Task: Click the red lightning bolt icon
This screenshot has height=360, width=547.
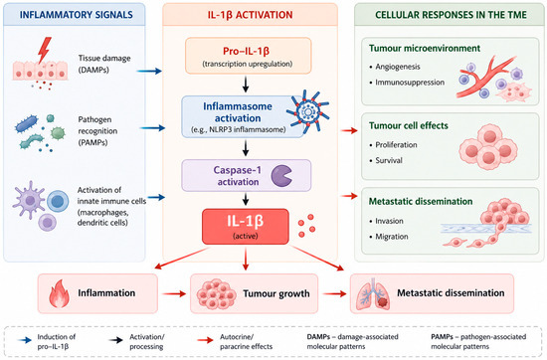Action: point(45,50)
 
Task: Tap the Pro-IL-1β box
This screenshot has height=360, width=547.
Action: point(248,56)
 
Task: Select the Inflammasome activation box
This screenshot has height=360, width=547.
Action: point(243,117)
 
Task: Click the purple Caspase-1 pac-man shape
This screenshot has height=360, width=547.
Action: point(281,175)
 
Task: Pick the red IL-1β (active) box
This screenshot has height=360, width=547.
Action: point(246,227)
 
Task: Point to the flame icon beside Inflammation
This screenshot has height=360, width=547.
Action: point(59,293)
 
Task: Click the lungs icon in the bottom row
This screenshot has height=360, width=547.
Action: point(373,294)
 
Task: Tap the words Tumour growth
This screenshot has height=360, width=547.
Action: point(276,293)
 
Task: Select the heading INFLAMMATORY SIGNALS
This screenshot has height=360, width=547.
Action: point(76,15)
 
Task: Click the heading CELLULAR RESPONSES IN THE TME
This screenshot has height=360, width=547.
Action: point(451,15)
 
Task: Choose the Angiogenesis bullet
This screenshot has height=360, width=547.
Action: point(395,67)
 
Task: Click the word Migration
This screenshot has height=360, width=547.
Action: point(392,237)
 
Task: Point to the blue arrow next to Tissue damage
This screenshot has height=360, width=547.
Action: point(149,72)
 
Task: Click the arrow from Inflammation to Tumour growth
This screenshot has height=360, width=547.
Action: point(174,293)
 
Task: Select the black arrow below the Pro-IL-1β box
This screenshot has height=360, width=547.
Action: point(246,85)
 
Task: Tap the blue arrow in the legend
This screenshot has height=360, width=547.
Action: point(25,340)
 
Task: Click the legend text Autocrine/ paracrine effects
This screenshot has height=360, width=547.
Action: point(246,341)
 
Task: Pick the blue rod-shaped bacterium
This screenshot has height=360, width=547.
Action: point(27,124)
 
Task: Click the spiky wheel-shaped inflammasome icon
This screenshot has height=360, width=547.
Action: point(307,111)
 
